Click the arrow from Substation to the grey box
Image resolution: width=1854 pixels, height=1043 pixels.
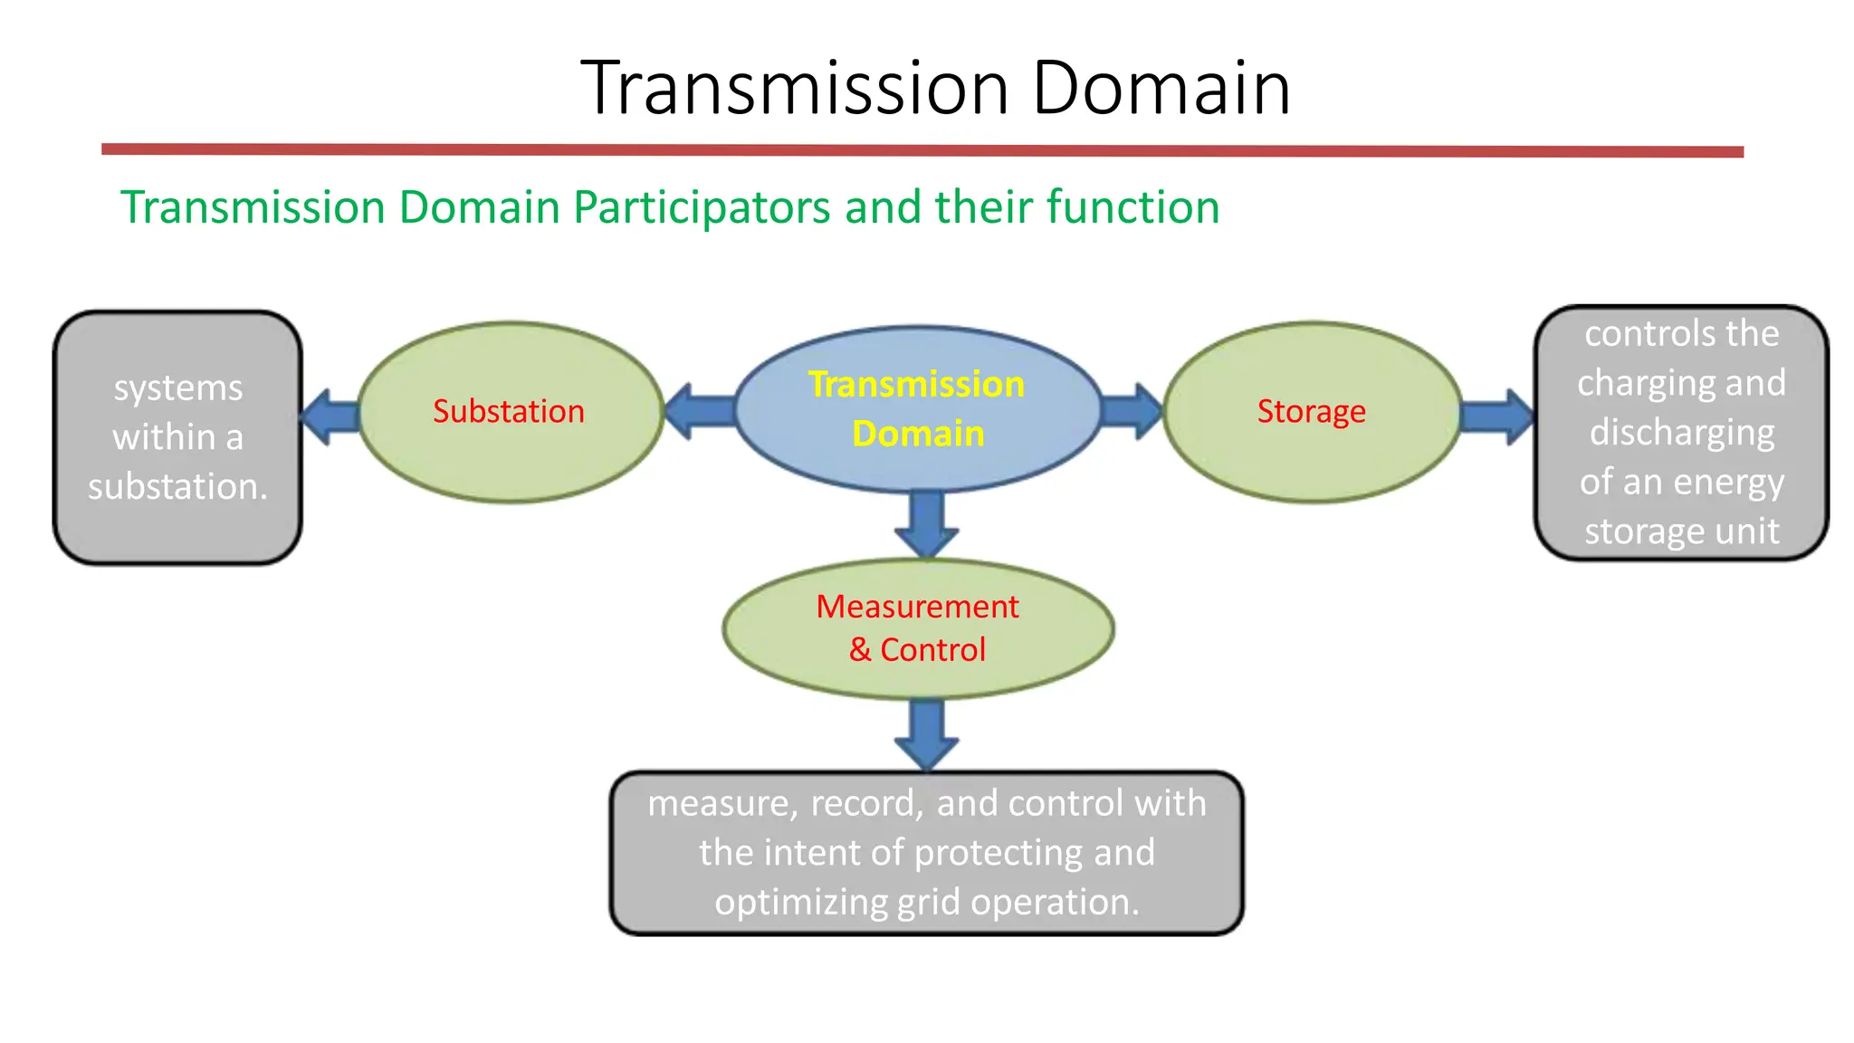pyautogui.click(x=330, y=416)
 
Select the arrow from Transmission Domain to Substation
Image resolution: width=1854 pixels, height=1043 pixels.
pyautogui.click(x=700, y=411)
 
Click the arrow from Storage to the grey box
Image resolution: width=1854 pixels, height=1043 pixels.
pyautogui.click(x=1497, y=416)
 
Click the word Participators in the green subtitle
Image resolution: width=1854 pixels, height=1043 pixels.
pyautogui.click(x=702, y=207)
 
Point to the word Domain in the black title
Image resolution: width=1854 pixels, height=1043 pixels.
pyautogui.click(x=1161, y=88)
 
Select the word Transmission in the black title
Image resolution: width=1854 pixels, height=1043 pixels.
pyautogui.click(x=794, y=88)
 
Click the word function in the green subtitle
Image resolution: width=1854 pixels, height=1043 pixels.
pyautogui.click(x=1132, y=207)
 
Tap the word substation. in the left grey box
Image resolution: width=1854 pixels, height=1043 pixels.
pyautogui.click(x=177, y=486)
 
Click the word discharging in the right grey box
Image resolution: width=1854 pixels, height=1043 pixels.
pyautogui.click(x=1681, y=433)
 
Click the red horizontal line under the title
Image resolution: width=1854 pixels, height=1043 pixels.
pyautogui.click(x=922, y=150)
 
